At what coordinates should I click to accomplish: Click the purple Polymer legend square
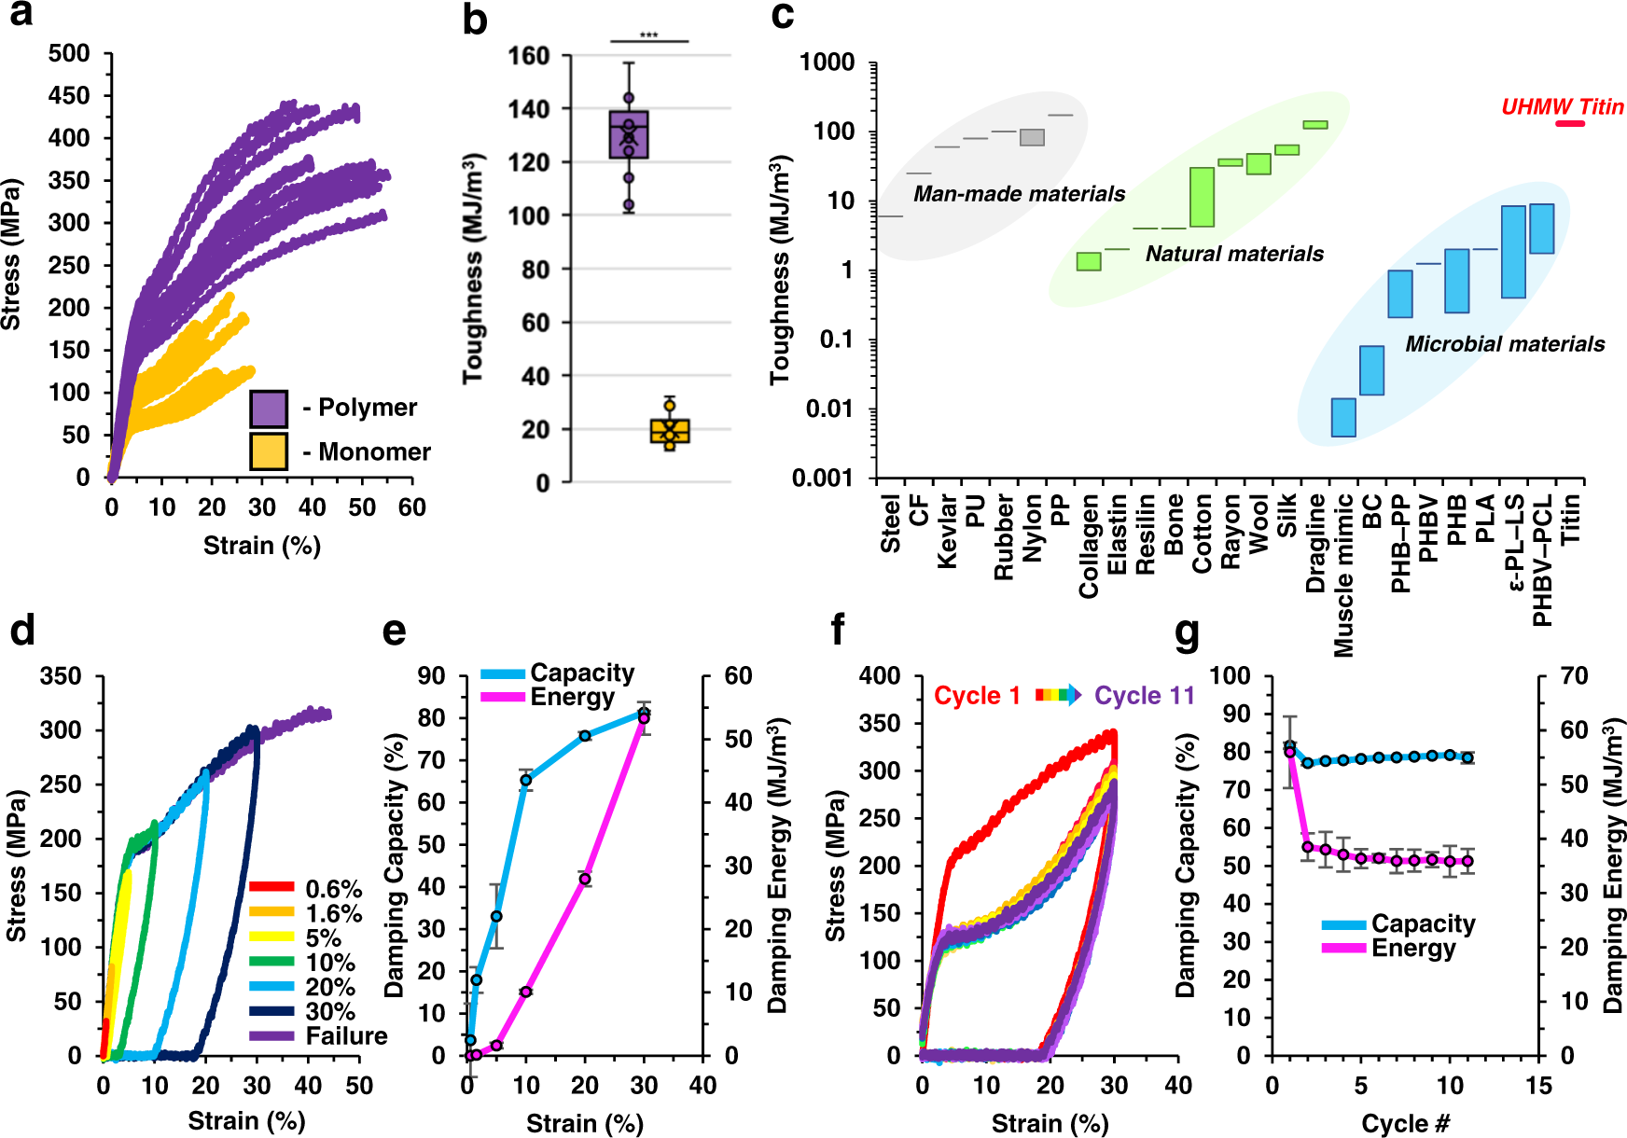(x=269, y=409)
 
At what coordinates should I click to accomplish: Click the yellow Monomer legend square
(x=269, y=451)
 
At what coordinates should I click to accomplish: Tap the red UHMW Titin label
(x=1562, y=107)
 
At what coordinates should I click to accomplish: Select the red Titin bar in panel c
(x=1570, y=123)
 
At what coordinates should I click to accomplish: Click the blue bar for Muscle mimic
(x=1343, y=417)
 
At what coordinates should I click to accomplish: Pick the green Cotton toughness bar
(x=1202, y=197)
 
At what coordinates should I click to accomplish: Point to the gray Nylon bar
(x=1032, y=137)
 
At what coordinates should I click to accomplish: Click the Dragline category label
(x=1315, y=543)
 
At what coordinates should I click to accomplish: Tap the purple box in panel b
(x=629, y=135)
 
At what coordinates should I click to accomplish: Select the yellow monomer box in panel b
(x=670, y=431)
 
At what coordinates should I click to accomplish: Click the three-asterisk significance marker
(x=649, y=36)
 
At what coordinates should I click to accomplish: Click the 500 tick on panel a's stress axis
(x=70, y=54)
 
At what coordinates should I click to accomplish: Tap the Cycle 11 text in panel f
(x=1144, y=696)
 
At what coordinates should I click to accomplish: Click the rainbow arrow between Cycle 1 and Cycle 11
(x=1058, y=695)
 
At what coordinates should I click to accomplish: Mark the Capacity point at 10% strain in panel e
(x=526, y=780)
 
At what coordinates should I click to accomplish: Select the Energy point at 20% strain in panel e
(x=585, y=879)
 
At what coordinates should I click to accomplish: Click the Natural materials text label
(x=1234, y=254)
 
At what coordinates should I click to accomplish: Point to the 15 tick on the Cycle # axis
(x=1538, y=1086)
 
